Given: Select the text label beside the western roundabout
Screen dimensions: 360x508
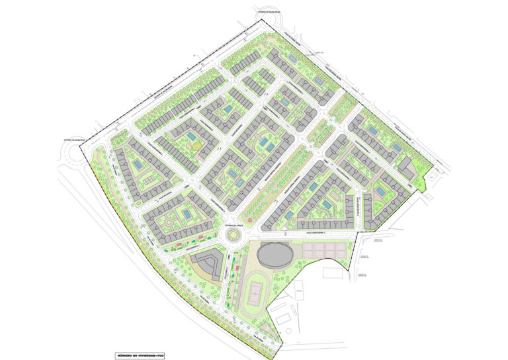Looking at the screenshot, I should pyautogui.click(x=65, y=140).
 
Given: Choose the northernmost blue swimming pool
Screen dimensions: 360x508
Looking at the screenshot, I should pyautogui.click(x=292, y=58).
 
